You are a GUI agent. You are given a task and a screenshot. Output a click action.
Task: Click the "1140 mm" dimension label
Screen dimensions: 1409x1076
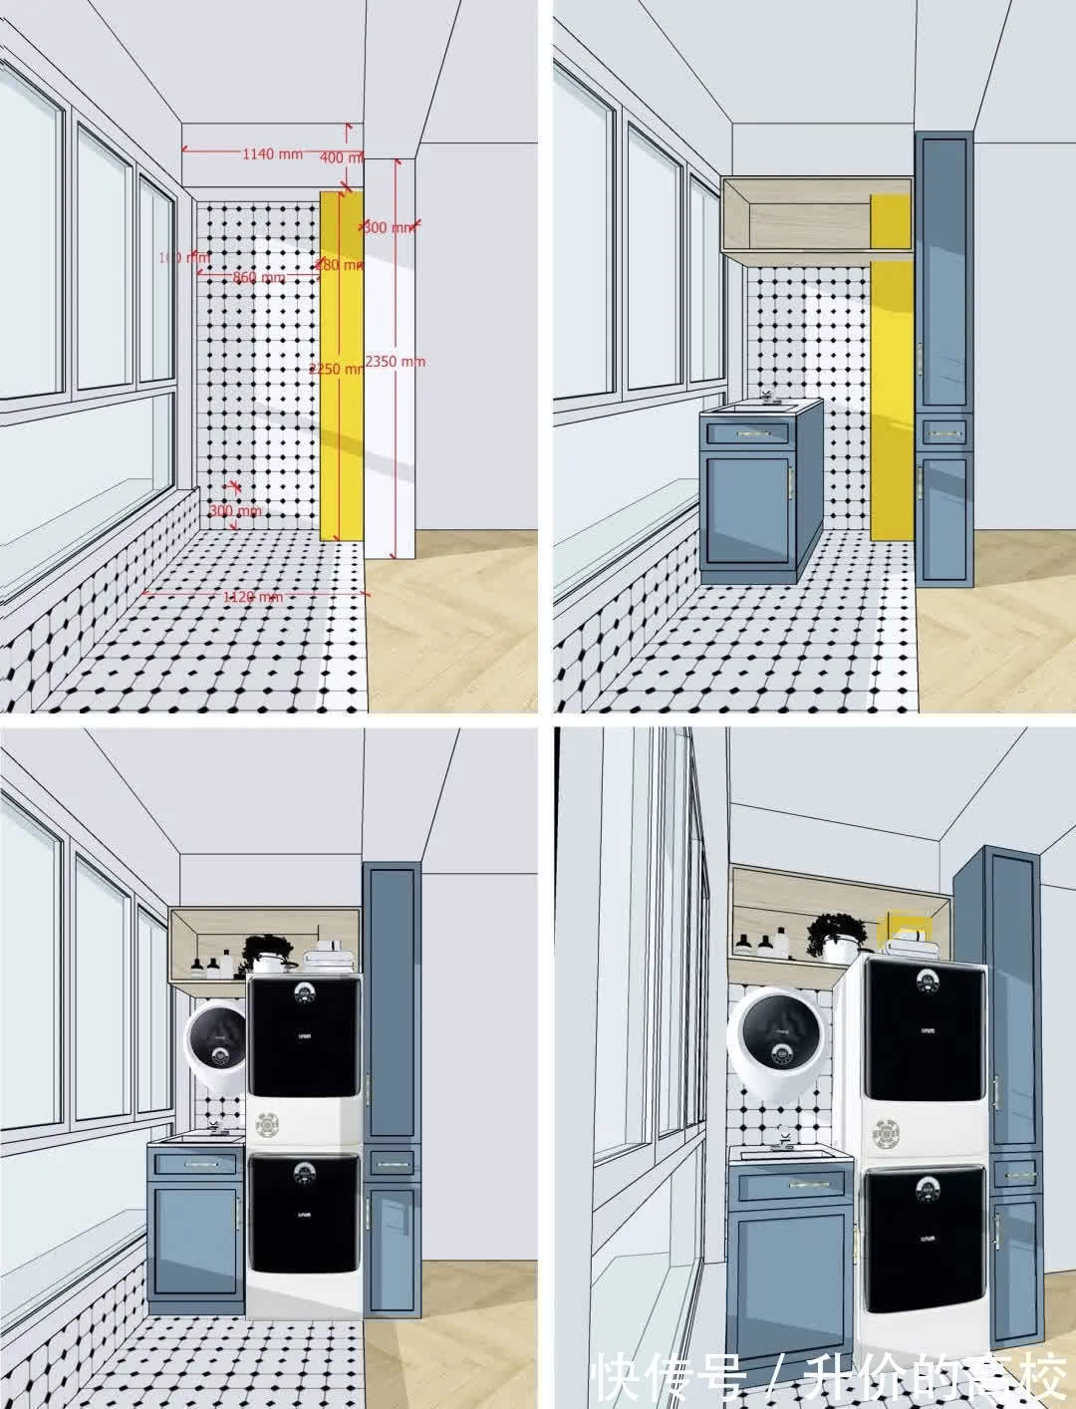pos(272,153)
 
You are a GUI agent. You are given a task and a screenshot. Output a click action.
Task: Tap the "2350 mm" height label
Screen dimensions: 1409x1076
pos(395,361)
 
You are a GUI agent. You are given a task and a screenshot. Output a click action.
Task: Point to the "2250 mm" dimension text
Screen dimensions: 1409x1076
pos(336,368)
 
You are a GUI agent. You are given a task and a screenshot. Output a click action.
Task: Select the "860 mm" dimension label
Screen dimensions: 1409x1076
pos(258,277)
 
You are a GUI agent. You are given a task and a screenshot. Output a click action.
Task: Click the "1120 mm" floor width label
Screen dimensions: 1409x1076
pos(252,596)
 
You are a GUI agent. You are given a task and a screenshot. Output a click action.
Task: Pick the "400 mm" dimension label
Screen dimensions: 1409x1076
pos(342,157)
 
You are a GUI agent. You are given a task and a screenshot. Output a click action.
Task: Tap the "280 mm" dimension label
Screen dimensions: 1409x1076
pos(338,265)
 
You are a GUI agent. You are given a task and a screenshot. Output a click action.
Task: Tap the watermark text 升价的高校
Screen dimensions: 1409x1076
pos(931,1377)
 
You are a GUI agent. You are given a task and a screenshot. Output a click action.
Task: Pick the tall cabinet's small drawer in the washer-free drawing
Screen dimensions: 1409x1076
pos(945,432)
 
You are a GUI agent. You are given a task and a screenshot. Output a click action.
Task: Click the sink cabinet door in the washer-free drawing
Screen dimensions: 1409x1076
pos(748,515)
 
